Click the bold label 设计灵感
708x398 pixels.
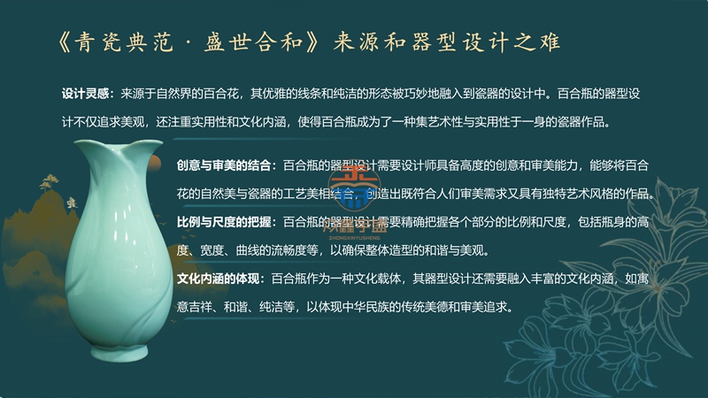(x=85, y=94)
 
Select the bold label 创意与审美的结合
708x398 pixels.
(x=224, y=165)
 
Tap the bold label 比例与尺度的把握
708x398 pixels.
(x=224, y=222)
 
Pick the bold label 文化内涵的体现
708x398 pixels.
(x=218, y=279)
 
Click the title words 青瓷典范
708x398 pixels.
(x=124, y=42)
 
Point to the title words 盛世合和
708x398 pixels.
(x=253, y=42)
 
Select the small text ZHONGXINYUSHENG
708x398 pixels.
(x=354, y=238)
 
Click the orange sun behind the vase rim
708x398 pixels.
(x=155, y=163)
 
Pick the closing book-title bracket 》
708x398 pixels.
(x=312, y=42)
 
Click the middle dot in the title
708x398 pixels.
(x=189, y=43)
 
